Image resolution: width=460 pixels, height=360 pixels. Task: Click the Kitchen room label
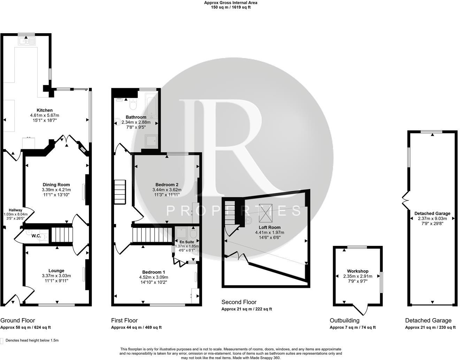[45, 110]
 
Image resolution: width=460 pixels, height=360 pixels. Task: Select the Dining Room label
[56, 185]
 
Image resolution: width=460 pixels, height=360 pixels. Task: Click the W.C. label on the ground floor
[36, 236]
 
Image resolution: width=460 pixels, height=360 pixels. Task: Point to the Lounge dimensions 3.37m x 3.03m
[56, 276]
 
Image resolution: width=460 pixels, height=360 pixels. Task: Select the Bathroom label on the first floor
[136, 117]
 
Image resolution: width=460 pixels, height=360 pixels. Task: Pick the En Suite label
[187, 242]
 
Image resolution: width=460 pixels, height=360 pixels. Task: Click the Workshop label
[358, 271]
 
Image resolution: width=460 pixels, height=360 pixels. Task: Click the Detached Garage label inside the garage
[432, 213]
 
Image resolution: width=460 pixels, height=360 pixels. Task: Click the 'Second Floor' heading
[239, 302]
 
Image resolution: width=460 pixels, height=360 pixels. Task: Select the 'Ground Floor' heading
[18, 320]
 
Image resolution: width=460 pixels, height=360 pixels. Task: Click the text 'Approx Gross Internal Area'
[231, 3]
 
